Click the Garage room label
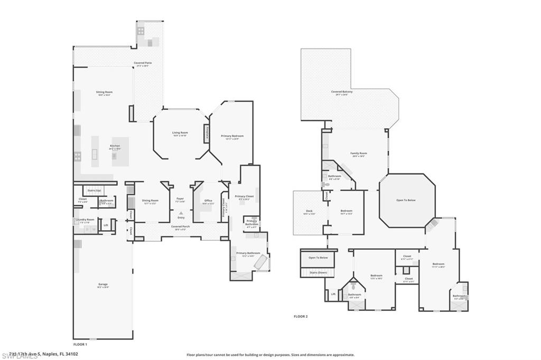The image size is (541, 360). [x=102, y=285]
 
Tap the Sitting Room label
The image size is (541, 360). [x=104, y=92]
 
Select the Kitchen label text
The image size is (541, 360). [x=115, y=146]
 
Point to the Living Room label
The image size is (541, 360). [x=180, y=132]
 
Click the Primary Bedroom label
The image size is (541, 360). [x=232, y=136]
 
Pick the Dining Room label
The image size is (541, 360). [x=150, y=200]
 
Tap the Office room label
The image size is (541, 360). [x=208, y=200]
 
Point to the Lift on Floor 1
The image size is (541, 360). [x=106, y=225]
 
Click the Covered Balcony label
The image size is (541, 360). [x=342, y=91]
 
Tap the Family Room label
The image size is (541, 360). [x=358, y=153]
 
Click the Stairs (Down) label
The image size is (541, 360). [x=318, y=272]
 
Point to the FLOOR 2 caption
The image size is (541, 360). [x=301, y=316]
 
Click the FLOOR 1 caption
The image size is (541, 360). [x=80, y=344]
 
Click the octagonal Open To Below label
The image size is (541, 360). [x=406, y=200]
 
